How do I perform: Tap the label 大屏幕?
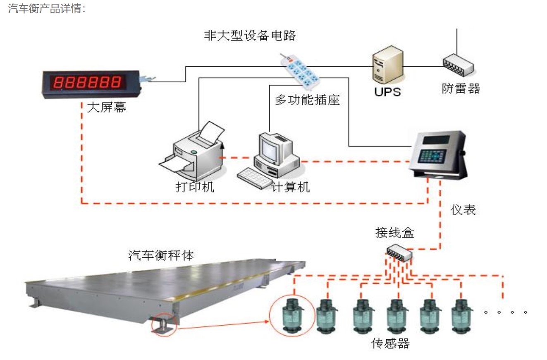click(x=107, y=108)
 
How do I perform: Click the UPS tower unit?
click(x=387, y=65)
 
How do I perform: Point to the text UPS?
click(x=387, y=91)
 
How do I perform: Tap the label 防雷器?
click(x=461, y=88)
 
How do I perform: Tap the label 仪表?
click(x=463, y=210)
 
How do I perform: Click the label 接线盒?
click(x=394, y=233)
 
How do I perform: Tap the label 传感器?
click(x=391, y=343)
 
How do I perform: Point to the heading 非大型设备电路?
click(x=250, y=36)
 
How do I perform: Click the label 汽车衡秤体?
click(x=161, y=255)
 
